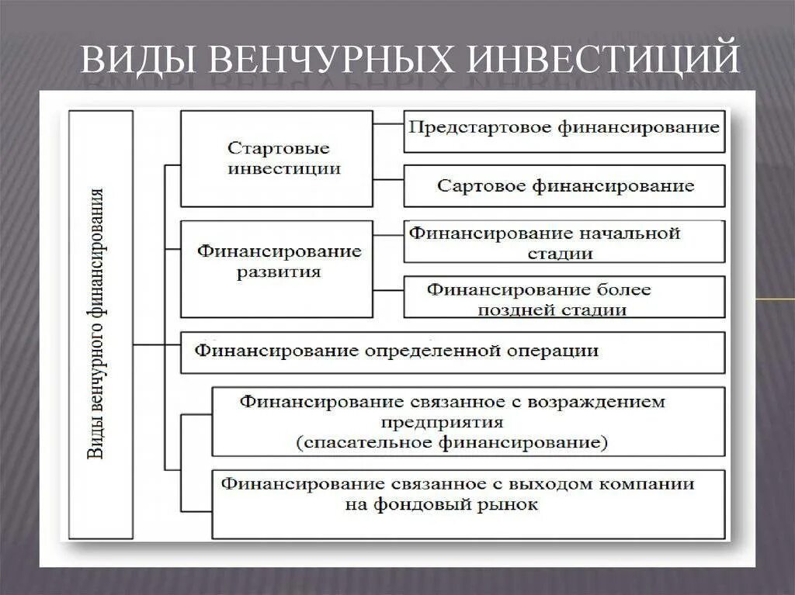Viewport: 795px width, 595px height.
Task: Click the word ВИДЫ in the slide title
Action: click(x=134, y=60)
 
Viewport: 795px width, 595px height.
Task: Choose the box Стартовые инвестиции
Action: click(x=277, y=158)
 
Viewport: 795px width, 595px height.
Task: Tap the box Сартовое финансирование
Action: click(x=564, y=186)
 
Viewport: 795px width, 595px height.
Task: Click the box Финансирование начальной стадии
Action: click(x=564, y=242)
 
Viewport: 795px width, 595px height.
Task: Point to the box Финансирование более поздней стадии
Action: click(x=564, y=299)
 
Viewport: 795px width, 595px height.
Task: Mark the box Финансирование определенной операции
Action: click(x=453, y=351)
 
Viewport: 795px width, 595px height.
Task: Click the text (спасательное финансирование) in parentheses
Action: click(x=452, y=443)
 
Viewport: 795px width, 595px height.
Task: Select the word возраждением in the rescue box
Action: click(x=597, y=402)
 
